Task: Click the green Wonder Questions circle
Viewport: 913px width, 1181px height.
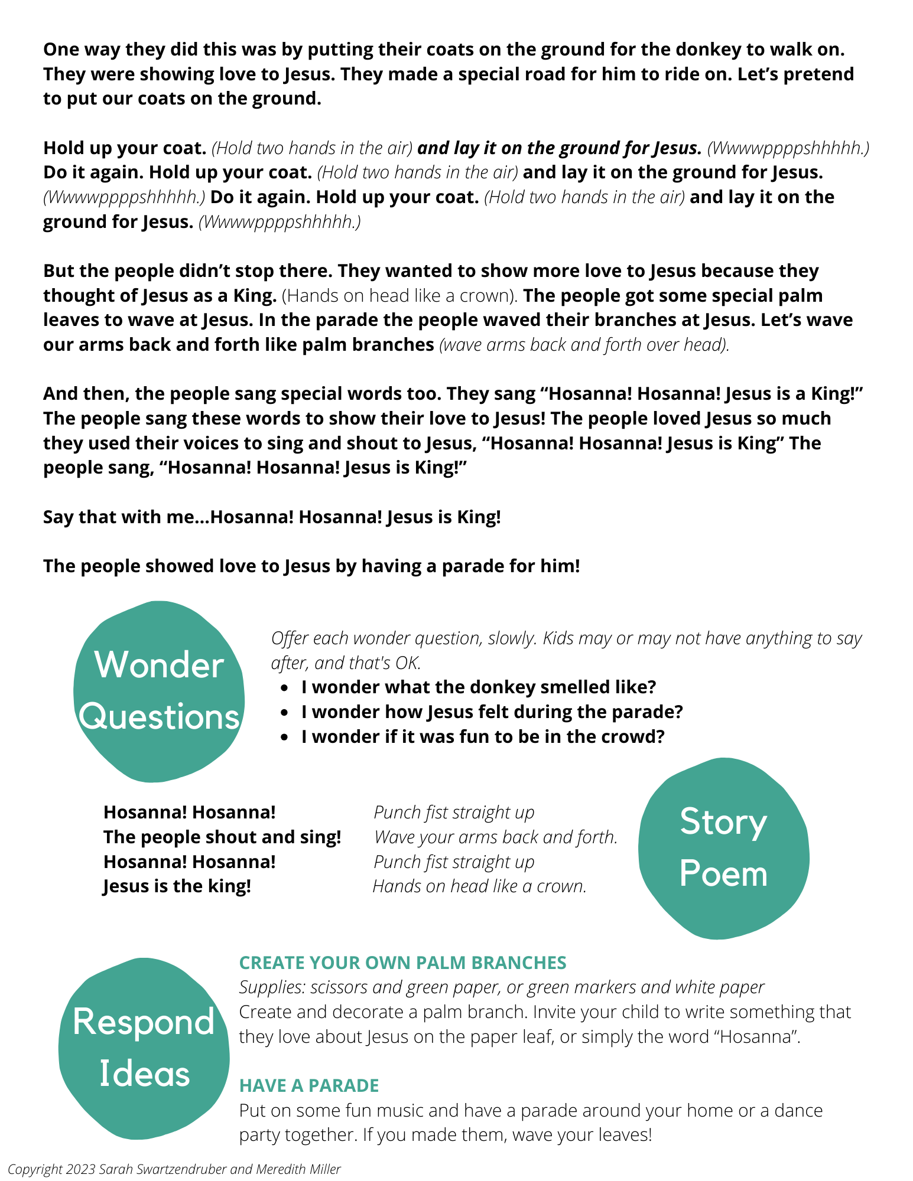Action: [158, 691]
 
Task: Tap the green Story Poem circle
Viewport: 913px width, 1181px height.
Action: [723, 848]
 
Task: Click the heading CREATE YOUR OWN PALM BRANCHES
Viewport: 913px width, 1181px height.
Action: [402, 963]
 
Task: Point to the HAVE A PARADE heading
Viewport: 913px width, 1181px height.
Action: [308, 1085]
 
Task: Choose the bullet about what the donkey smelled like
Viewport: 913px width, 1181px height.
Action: [478, 687]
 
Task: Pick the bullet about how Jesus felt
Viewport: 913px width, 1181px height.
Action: [492, 712]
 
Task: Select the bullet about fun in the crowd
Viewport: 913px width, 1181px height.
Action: [482, 737]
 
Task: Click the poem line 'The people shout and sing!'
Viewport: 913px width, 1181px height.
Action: [222, 837]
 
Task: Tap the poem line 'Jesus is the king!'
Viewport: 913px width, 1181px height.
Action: [177, 886]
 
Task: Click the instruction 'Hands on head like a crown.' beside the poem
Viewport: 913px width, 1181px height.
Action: [479, 886]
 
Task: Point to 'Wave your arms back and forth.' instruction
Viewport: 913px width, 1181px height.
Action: [495, 837]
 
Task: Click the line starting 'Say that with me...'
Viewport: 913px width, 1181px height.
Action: [272, 517]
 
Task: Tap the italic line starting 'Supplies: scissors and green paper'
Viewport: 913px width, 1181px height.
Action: [501, 987]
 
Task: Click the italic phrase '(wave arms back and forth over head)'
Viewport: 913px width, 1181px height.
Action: [584, 345]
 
